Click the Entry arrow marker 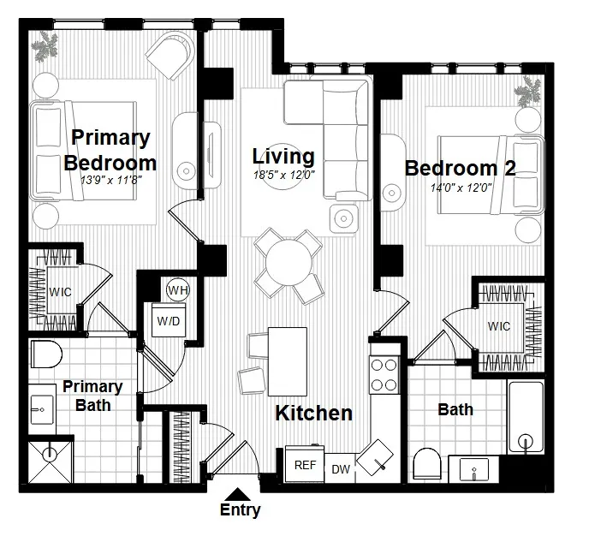[x=240, y=493]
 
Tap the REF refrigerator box [x=305, y=466]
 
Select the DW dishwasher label [x=340, y=469]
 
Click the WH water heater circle [x=177, y=290]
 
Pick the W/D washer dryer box [x=167, y=321]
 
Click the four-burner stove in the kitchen [x=384, y=373]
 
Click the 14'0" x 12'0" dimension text [x=461, y=188]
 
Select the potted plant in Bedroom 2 [x=527, y=91]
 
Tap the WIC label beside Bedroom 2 [x=499, y=326]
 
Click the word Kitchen [x=313, y=414]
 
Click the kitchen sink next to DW [x=373, y=457]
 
